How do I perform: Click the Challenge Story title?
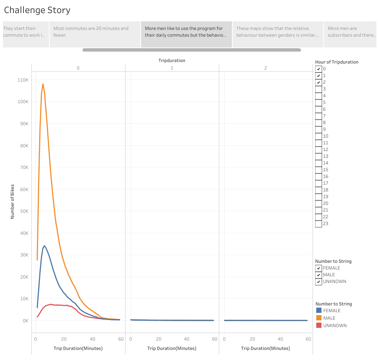pyautogui.click(x=37, y=10)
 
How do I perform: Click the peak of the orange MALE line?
pyautogui.click(x=43, y=84)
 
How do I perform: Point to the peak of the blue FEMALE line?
pyautogui.click(x=44, y=246)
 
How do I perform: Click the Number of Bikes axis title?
pyautogui.click(x=12, y=201)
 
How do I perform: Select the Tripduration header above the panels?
pyautogui.click(x=171, y=61)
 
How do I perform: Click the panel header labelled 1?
pyautogui.click(x=171, y=68)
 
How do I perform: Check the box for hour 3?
pyautogui.click(x=319, y=89)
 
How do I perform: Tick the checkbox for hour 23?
pyautogui.click(x=319, y=224)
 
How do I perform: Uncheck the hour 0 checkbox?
pyautogui.click(x=319, y=69)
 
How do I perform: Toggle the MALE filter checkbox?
pyautogui.click(x=319, y=275)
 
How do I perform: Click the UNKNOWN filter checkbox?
pyautogui.click(x=319, y=281)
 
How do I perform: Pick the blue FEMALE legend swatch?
pyautogui.click(x=319, y=310)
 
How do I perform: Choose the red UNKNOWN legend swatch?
pyautogui.click(x=319, y=325)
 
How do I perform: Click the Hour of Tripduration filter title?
pyautogui.click(x=336, y=62)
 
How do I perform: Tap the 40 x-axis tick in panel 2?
pyautogui.click(x=280, y=339)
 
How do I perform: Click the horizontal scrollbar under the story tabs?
pyautogui.click(x=192, y=50)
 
